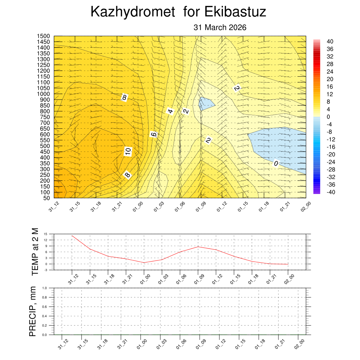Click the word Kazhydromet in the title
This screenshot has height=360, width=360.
click(x=133, y=12)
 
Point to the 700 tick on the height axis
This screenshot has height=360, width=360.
click(x=45, y=123)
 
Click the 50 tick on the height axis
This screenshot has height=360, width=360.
click(x=46, y=198)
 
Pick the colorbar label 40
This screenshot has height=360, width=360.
click(x=330, y=41)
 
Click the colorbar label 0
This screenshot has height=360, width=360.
click(x=328, y=117)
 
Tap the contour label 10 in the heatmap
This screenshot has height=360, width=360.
click(x=128, y=152)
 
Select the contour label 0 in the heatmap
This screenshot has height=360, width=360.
click(x=276, y=163)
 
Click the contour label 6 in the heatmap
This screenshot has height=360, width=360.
click(x=153, y=134)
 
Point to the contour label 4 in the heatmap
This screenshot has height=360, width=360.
click(x=171, y=111)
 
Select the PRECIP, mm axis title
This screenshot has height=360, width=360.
click(x=33, y=311)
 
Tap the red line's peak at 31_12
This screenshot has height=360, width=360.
click(x=72, y=236)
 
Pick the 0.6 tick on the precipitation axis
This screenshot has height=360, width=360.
click(x=45, y=307)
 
